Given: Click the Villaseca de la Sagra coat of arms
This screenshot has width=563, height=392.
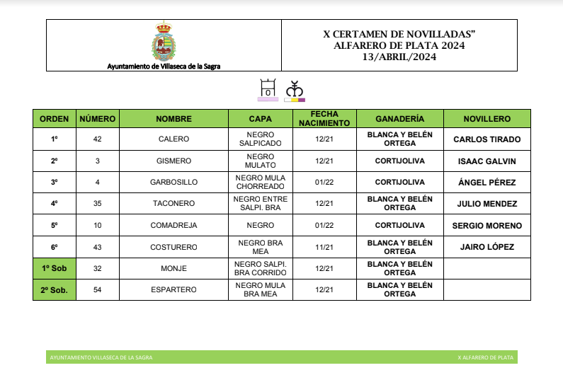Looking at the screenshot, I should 164,42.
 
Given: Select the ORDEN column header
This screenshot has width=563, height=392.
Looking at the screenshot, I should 54,119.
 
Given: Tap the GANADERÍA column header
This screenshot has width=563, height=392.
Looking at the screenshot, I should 399,119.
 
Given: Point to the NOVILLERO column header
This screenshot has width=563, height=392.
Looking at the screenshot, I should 487,119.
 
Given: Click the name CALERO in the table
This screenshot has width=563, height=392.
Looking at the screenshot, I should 174,139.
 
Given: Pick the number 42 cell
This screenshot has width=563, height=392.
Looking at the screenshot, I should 98,139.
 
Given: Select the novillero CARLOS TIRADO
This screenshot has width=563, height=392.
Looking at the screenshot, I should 487,139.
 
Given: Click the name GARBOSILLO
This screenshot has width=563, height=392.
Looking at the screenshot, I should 174,183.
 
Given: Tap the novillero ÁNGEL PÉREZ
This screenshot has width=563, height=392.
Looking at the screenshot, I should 487,183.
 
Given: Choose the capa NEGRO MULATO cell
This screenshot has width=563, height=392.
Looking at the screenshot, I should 260,161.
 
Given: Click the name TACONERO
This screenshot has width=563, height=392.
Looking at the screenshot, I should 174,204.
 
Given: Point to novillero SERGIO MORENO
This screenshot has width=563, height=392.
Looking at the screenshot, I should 487,226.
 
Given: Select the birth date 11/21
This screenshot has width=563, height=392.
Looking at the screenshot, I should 324,247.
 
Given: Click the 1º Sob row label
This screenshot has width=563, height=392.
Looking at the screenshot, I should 54,268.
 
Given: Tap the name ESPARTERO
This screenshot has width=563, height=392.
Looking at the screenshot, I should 174,290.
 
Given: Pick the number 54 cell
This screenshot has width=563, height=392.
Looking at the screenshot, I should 98,290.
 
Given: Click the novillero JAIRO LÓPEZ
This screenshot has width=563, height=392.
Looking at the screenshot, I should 487,247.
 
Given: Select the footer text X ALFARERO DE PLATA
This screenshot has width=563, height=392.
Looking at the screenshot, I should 485,358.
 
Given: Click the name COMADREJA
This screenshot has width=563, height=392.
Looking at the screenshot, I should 174,226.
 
